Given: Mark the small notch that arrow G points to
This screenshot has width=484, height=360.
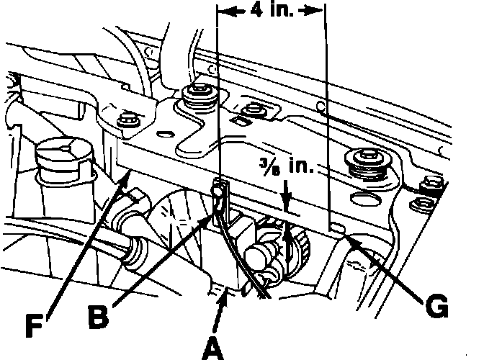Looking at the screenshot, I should pyautogui.click(x=337, y=228).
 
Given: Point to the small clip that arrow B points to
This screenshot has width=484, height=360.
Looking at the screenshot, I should pyautogui.click(x=217, y=192).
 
